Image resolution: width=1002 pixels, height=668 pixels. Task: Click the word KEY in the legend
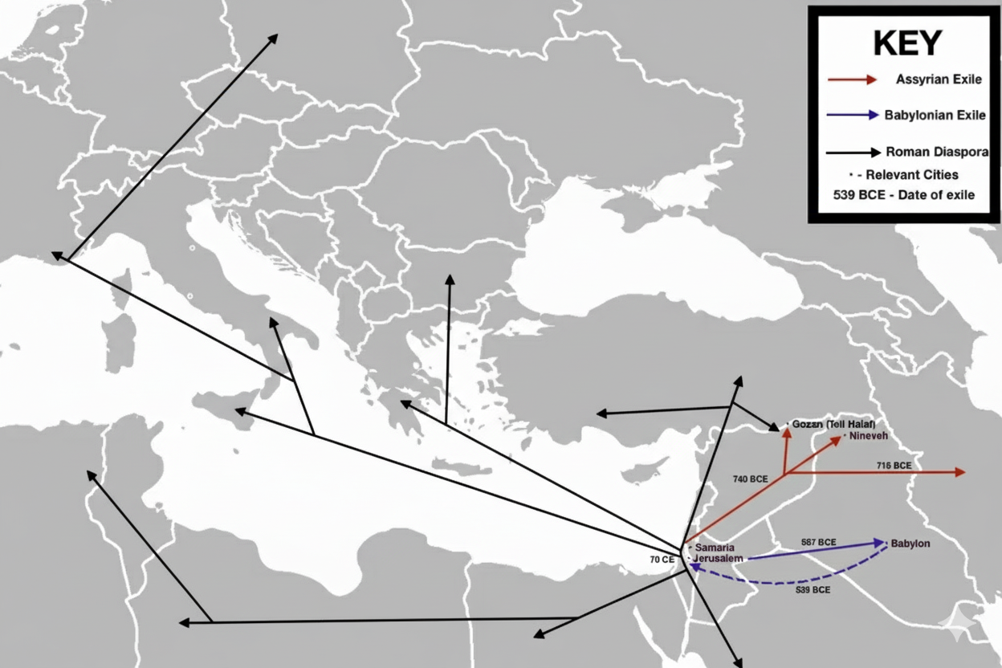(x=906, y=43)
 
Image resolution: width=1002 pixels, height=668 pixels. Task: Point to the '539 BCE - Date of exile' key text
(x=904, y=195)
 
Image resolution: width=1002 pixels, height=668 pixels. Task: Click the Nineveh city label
(x=868, y=435)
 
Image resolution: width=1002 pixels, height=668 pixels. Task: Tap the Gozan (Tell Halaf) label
(x=833, y=423)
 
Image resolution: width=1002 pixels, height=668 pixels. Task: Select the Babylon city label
(x=910, y=544)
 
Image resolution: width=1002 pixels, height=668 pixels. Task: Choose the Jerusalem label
(x=719, y=558)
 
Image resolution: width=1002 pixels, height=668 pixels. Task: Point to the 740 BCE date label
(x=750, y=479)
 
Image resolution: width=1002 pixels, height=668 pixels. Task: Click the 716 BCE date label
(x=894, y=466)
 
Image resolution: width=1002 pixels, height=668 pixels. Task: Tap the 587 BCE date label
(x=818, y=542)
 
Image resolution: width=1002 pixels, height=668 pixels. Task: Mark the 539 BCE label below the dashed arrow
(x=813, y=590)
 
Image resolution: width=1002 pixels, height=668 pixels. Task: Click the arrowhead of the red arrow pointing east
(x=960, y=472)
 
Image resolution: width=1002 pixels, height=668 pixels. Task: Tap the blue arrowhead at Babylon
(x=881, y=542)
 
